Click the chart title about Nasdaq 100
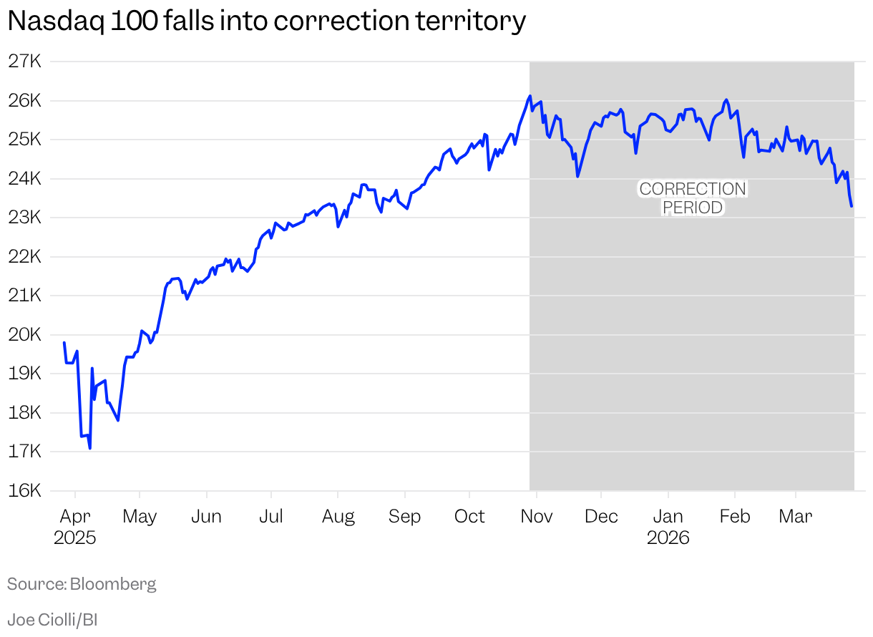266,21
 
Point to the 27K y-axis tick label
26,62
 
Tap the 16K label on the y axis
26,490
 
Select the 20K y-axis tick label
26,334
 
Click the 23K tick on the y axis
26,217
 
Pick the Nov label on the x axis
536,517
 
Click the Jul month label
270,517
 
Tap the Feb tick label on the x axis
735,517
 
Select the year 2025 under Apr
74,538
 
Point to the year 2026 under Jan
668,538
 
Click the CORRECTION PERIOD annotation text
693,198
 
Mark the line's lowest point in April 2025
89,448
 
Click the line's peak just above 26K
530,96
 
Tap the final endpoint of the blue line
852,206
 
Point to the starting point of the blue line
64,343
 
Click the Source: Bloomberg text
82,584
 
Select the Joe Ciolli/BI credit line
52,620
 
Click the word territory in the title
471,21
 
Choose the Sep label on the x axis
404,517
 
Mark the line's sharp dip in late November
577,176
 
